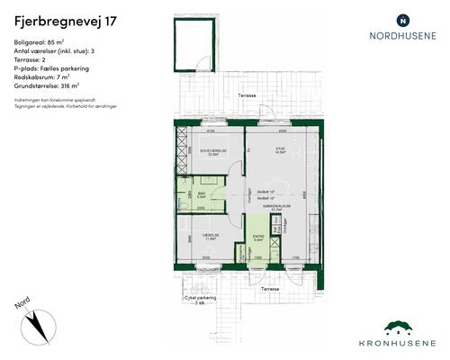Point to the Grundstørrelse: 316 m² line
click(x=52, y=86)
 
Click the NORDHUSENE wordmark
click(x=402, y=37)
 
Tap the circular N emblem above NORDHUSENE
click(x=402, y=19)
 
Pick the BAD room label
click(x=202, y=193)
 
